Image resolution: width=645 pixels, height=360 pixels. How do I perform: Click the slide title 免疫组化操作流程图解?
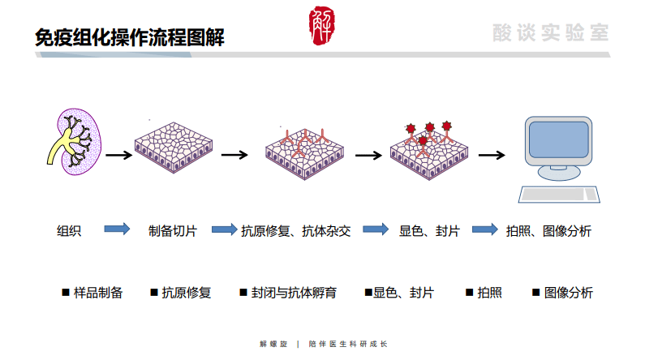tap(130, 37)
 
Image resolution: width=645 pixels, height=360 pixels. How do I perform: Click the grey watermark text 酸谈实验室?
tap(549, 32)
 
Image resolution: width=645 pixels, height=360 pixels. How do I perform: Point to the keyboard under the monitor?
tap(560, 194)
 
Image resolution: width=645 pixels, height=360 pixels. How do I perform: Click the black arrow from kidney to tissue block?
tap(118, 156)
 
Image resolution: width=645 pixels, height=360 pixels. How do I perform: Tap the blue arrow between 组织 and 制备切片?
tap(117, 229)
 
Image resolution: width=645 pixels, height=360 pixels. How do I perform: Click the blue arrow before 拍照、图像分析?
tap(484, 229)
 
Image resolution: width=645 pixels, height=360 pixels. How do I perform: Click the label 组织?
tap(68, 230)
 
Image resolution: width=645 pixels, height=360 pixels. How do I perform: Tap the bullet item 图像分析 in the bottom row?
tap(568, 293)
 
